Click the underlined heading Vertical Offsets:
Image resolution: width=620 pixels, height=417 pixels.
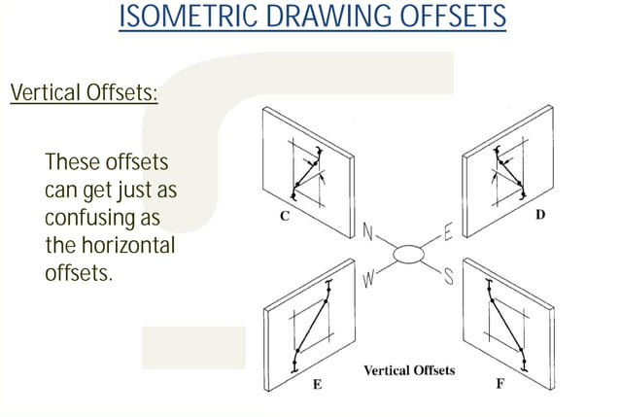pos(84,94)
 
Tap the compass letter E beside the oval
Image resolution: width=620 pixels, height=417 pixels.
pos(448,232)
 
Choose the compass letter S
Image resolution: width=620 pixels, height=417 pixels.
pos(449,277)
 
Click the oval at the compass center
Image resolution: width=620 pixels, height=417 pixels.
pos(408,255)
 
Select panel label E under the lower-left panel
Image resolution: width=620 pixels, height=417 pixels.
pos(316,385)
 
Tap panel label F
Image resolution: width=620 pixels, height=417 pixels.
pos(499,385)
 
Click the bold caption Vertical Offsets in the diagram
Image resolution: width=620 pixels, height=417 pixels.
pos(408,370)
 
